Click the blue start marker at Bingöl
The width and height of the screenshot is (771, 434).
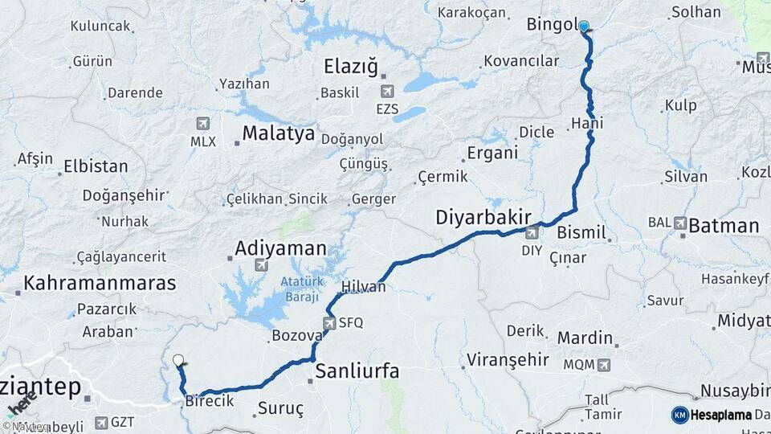[x=584, y=27]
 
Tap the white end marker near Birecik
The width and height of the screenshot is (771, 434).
[x=178, y=362]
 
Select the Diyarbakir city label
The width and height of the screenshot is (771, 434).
[x=484, y=217]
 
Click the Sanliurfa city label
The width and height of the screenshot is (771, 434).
[x=357, y=371]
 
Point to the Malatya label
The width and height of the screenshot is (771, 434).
[x=279, y=133]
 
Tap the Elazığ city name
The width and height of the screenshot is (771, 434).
[x=350, y=67]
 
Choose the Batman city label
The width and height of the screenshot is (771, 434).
[x=723, y=226]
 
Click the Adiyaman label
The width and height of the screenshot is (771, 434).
[x=281, y=248]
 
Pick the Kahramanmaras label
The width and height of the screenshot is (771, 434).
[x=100, y=283]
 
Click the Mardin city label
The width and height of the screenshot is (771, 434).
[x=585, y=338]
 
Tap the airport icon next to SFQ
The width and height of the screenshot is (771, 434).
[x=329, y=323]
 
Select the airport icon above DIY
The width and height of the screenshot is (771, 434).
[x=532, y=233]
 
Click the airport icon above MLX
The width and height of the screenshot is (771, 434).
[x=202, y=124]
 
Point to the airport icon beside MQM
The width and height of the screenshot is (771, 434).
[x=604, y=365]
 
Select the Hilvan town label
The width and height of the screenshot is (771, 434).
[x=364, y=287]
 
